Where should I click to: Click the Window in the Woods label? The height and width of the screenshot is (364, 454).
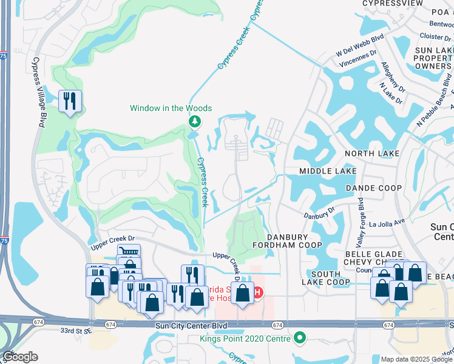(x=171, y=108)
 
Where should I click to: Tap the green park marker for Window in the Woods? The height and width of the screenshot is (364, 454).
(x=194, y=123)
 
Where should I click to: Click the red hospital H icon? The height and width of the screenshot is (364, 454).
(x=257, y=293)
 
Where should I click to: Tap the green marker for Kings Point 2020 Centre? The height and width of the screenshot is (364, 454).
(x=299, y=337)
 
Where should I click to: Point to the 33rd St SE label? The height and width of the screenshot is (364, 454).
(x=75, y=331)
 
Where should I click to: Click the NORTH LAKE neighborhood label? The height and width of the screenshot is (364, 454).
(x=372, y=153)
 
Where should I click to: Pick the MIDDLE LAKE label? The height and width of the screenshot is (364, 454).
(x=328, y=171)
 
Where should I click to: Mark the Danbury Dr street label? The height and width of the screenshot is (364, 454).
(x=319, y=214)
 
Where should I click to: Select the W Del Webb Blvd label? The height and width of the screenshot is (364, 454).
(x=361, y=54)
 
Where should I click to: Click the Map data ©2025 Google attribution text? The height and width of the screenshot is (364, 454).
(x=417, y=359)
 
